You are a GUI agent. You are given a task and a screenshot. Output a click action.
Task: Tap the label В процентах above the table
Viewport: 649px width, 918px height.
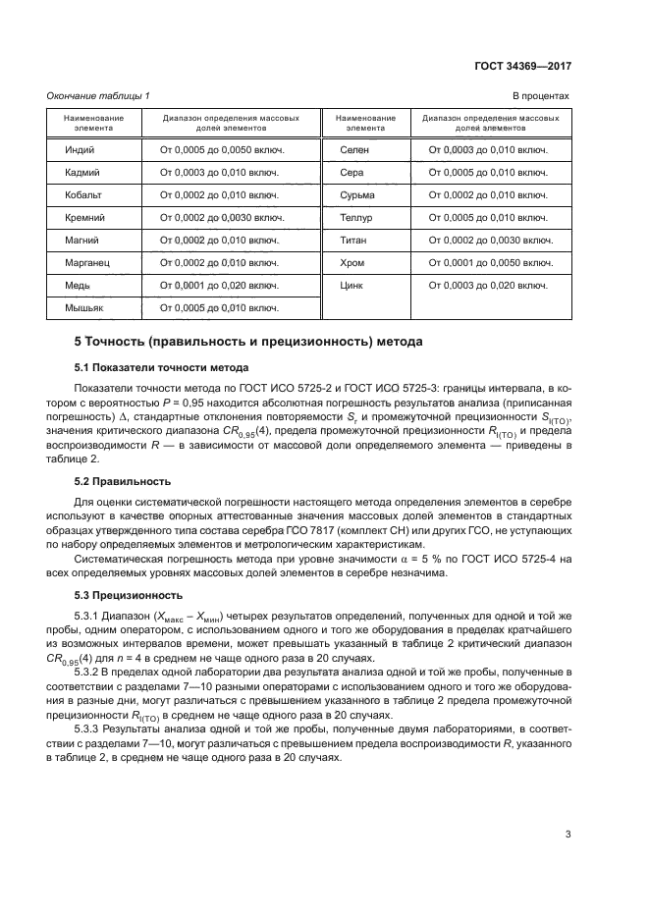(x=541, y=95)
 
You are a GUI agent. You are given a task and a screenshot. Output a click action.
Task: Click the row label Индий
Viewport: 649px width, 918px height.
(x=81, y=150)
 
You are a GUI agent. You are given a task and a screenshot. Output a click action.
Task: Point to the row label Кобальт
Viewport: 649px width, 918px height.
(x=82, y=195)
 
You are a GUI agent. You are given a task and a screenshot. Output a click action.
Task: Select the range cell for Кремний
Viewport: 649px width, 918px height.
(x=222, y=218)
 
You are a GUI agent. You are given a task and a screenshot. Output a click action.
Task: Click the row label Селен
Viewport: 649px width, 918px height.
(x=353, y=150)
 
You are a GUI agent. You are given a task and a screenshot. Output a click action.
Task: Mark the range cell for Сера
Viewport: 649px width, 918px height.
(x=488, y=173)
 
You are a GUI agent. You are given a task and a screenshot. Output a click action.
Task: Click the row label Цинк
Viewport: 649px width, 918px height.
(x=352, y=286)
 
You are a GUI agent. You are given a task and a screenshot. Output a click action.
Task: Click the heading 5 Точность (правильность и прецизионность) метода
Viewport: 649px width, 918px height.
(x=248, y=343)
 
